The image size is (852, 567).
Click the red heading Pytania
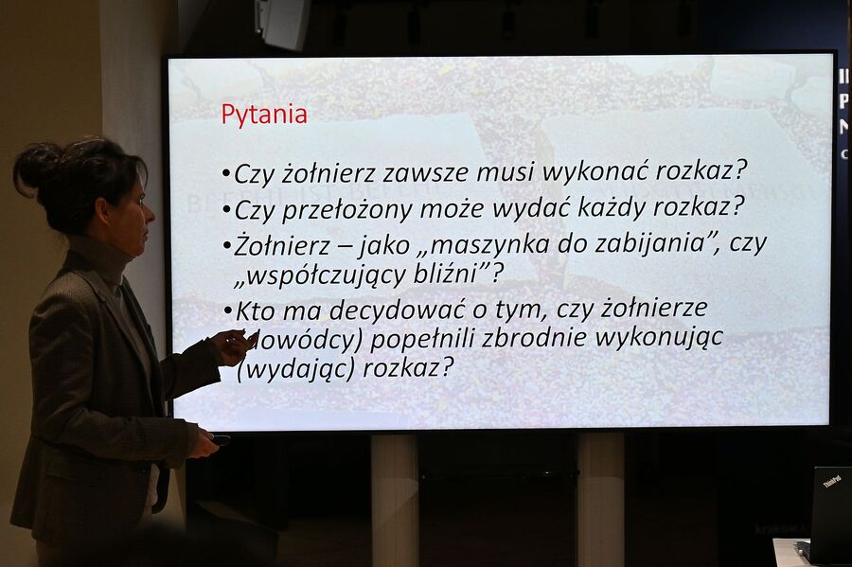coord(264,115)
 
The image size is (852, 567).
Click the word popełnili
coord(425,339)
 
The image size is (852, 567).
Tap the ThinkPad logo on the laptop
coord(831,480)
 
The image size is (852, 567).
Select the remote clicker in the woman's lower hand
coord(220,440)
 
